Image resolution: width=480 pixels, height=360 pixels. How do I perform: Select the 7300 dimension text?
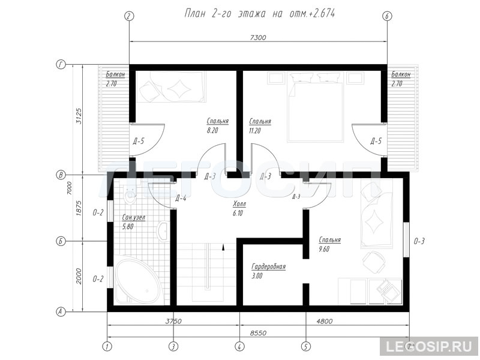click(x=258, y=38)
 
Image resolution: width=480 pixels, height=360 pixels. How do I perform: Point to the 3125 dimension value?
click(x=79, y=115)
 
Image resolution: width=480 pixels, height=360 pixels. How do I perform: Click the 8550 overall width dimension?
click(x=258, y=333)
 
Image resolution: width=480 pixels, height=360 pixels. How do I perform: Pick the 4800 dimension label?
click(x=324, y=321)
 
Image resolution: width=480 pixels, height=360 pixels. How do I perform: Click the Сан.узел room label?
click(x=133, y=217)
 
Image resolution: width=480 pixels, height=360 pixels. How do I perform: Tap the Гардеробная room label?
click(x=268, y=266)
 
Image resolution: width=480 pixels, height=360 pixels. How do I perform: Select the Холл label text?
click(x=239, y=204)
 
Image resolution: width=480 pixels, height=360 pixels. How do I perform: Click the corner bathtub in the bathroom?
click(x=138, y=281)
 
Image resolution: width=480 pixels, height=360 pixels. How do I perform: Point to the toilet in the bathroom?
click(x=130, y=194)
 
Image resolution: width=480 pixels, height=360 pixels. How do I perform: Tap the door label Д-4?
click(x=181, y=199)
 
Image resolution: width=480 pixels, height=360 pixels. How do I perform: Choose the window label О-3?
click(x=419, y=242)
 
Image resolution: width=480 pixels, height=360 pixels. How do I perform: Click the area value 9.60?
click(x=324, y=249)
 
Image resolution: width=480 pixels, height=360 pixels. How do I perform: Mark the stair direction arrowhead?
click(x=223, y=247)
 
